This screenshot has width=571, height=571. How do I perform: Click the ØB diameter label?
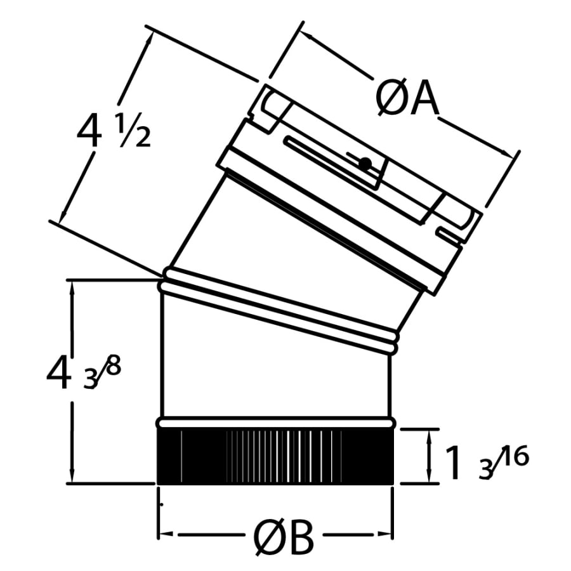[x=284, y=539]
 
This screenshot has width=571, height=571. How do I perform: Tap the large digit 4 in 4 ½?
[x=88, y=132]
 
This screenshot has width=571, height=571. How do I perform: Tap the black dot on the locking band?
[x=364, y=164]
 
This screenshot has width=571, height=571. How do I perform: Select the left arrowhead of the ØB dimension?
[x=164, y=534]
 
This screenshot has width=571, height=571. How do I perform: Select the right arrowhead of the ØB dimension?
[x=387, y=534]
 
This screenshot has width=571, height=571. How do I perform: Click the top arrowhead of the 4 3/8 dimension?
[x=75, y=287]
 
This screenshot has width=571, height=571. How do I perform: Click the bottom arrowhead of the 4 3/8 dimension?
[x=75, y=476]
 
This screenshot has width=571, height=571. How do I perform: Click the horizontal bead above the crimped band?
[x=275, y=421]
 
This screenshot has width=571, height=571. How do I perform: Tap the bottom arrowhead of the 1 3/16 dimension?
[x=432, y=477]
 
